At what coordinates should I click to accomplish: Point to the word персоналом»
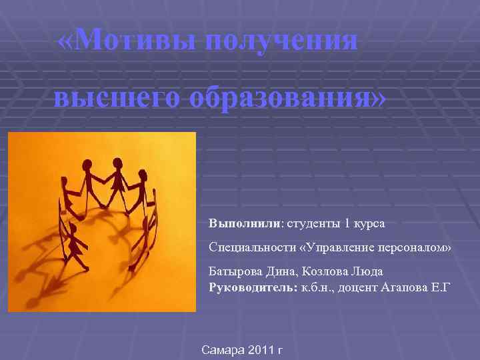[x=420, y=247]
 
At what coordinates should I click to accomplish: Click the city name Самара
[x=225, y=350]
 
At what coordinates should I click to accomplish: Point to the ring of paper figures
[x=107, y=207]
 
